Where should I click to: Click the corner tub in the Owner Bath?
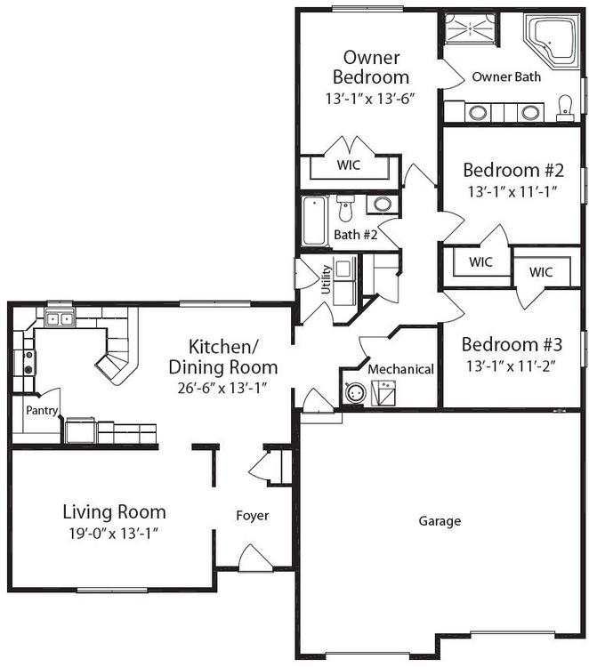tap(552, 41)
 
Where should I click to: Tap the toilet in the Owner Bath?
tap(565, 108)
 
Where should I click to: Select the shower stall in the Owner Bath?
tap(471, 28)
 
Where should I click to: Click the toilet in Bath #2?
tap(345, 208)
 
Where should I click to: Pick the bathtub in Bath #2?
tap(314, 220)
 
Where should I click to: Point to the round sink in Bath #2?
tap(383, 204)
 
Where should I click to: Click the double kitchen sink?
tap(60, 318)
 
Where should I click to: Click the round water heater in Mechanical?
tap(355, 392)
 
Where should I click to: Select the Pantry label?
tap(41, 411)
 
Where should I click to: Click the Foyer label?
tap(253, 516)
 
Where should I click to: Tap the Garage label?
tap(440, 521)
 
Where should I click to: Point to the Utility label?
tap(326, 279)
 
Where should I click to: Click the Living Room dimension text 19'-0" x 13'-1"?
tap(114, 533)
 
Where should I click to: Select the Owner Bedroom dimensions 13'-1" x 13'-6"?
tap(370, 99)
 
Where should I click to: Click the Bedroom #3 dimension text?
tap(511, 366)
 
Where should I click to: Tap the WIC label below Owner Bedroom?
tap(349, 165)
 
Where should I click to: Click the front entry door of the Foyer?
tap(255, 559)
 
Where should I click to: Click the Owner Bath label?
tap(506, 77)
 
